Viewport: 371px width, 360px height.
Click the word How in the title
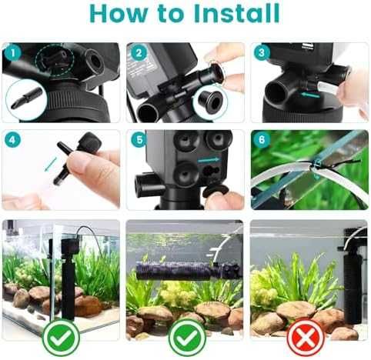click(119, 13)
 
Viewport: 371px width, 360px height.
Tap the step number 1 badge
click(13, 53)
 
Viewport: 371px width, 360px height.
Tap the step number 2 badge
click(139, 53)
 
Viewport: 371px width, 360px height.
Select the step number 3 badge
click(262, 52)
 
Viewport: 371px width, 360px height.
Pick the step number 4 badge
click(12, 140)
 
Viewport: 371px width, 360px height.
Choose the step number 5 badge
click(139, 140)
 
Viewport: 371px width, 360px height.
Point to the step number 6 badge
click(262, 140)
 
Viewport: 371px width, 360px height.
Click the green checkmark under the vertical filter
click(61, 338)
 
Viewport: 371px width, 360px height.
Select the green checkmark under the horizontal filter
click(187, 338)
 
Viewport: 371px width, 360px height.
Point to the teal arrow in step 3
click(310, 95)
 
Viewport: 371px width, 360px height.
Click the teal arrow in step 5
click(209, 160)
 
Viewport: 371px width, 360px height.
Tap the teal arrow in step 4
click(51, 165)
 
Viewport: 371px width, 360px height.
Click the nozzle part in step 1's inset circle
click(26, 98)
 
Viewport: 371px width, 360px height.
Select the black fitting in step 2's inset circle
click(210, 102)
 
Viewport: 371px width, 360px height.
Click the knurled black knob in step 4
click(88, 143)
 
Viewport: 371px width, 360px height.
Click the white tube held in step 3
click(329, 88)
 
